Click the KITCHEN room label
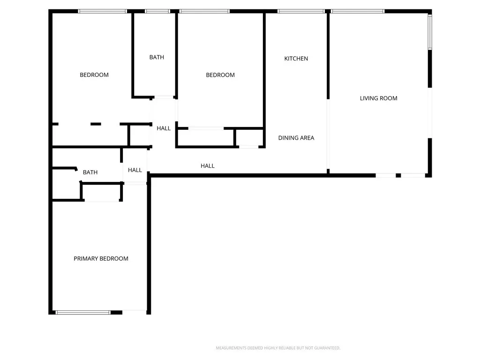coord(296,59)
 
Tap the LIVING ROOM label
coord(378,98)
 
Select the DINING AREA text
coord(296,138)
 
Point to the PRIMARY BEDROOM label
coord(101,259)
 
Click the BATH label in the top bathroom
coord(157,57)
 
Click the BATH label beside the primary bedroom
coord(90,172)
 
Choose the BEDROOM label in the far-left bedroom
coord(94,75)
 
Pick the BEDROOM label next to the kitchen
coord(220,75)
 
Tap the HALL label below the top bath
coord(164,128)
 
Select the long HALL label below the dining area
coord(207,166)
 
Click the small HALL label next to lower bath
coord(135,170)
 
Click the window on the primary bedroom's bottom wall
coord(83,313)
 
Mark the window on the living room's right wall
coord(430,32)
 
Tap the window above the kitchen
coord(301,11)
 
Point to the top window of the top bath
coord(157,11)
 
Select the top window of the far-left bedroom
coord(102,11)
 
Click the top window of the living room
coord(358,11)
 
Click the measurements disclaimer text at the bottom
coord(278,348)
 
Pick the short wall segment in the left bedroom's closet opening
coord(96,124)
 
